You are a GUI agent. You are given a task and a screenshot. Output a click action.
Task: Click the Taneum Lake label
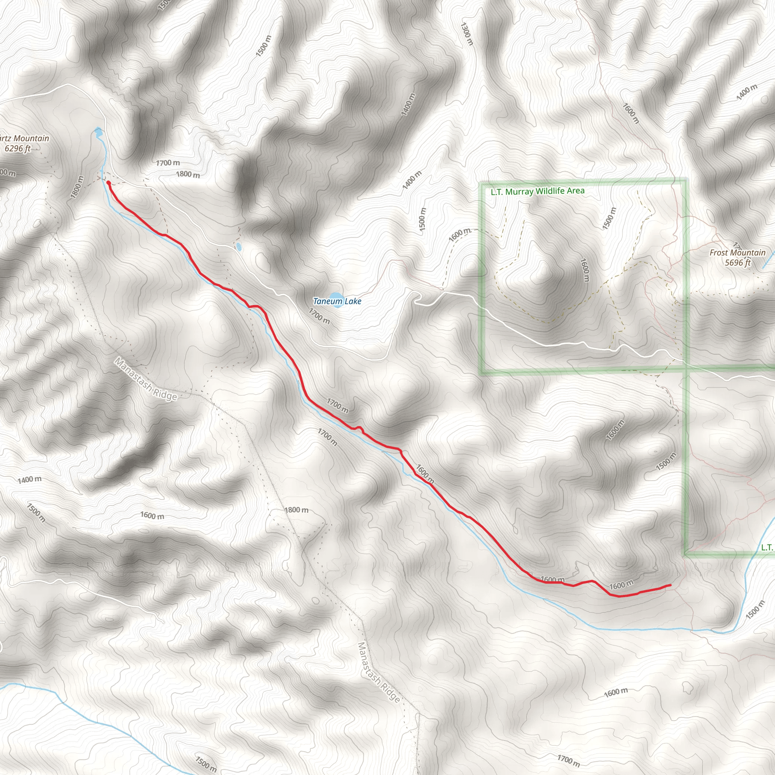click(337, 301)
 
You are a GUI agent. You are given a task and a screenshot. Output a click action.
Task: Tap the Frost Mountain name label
click(737, 253)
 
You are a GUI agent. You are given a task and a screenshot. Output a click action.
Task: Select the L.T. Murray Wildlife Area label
click(537, 191)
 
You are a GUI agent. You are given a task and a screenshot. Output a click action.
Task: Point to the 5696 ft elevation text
click(737, 263)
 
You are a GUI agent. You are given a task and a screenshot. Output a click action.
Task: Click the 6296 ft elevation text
click(18, 148)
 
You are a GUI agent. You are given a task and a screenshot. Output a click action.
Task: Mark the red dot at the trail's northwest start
click(108, 182)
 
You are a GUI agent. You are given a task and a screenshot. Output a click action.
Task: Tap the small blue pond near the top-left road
click(98, 132)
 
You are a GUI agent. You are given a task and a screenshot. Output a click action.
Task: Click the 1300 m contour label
click(467, 34)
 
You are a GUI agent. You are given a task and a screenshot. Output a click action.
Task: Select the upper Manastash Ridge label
click(146, 379)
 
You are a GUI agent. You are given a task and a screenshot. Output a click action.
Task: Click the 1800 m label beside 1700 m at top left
click(188, 174)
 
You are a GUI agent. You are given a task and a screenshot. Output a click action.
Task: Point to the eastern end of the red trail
click(670, 585)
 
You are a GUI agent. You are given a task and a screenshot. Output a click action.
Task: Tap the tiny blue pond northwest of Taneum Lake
click(239, 247)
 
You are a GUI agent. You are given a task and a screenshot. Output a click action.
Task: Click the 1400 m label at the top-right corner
click(747, 92)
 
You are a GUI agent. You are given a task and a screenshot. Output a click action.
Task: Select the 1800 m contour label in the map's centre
click(296, 510)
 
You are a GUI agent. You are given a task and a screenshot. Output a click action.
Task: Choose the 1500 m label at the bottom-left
click(206, 764)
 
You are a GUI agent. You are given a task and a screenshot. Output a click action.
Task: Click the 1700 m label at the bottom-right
click(568, 759)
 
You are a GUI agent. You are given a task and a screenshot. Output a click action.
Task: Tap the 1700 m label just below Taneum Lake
click(319, 316)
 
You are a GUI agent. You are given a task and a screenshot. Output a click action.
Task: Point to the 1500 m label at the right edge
click(755, 610)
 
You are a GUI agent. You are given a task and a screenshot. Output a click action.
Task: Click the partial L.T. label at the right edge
click(767, 547)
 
